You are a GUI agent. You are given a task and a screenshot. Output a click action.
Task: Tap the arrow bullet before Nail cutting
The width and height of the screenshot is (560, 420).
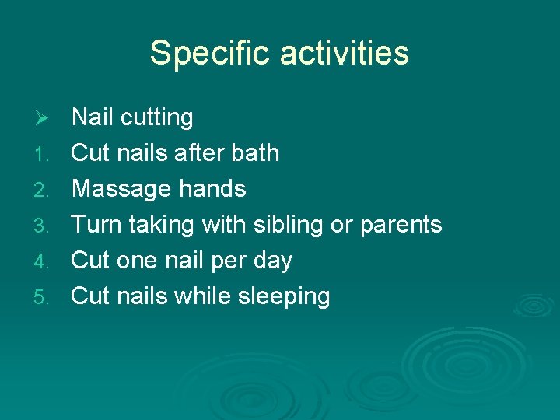pyautogui.click(x=44, y=118)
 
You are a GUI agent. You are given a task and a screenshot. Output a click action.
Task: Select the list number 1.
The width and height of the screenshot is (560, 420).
pyautogui.click(x=44, y=154)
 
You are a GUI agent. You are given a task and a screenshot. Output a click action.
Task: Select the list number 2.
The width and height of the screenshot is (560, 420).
pyautogui.click(x=44, y=190)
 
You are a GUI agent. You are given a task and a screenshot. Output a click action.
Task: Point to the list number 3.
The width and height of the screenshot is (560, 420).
pyautogui.click(x=44, y=226)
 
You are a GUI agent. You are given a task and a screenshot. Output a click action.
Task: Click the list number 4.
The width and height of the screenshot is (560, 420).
pyautogui.click(x=44, y=261)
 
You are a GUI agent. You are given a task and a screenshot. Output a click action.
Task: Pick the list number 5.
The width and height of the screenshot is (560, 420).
pyautogui.click(x=44, y=297)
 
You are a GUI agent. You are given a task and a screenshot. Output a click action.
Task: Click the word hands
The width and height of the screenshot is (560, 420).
pyautogui.click(x=212, y=188)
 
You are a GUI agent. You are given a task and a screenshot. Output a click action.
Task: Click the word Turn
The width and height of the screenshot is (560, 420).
pyautogui.click(x=96, y=225)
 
